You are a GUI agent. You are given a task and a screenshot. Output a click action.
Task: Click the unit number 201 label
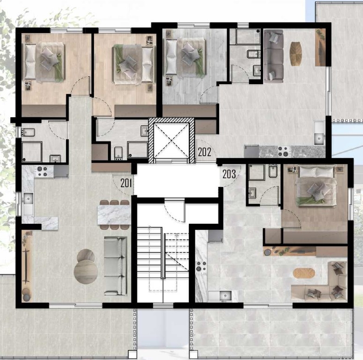[x=126, y=183]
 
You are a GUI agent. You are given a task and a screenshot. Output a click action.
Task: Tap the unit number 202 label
[x=205, y=152]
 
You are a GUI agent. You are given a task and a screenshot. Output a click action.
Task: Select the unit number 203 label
[x=229, y=174]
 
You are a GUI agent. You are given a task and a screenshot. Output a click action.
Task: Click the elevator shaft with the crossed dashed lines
[x=171, y=140]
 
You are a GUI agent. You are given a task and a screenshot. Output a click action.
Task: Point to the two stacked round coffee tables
[x=86, y=266]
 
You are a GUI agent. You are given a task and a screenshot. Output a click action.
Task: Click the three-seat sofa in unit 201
[x=115, y=266]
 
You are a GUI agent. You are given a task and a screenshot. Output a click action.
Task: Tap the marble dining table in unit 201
[x=114, y=215]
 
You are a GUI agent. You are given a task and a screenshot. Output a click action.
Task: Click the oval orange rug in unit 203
[x=304, y=273]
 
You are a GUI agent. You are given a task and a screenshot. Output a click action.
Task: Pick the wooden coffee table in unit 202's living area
[x=296, y=53]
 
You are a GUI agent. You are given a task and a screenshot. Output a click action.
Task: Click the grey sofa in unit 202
[x=273, y=56]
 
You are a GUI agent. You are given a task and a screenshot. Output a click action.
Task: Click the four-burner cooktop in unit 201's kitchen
[x=42, y=172]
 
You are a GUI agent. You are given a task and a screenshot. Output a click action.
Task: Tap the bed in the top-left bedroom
[x=44, y=62]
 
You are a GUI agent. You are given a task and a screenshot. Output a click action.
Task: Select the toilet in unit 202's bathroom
[x=254, y=54]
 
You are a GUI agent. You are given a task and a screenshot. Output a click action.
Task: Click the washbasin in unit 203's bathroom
[x=252, y=193]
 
